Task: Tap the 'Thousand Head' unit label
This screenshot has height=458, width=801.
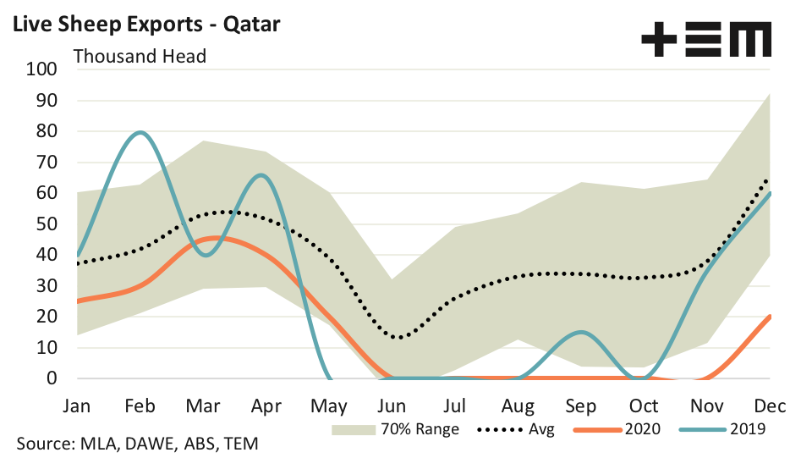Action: coord(140,57)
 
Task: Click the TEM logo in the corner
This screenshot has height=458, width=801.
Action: coord(706,40)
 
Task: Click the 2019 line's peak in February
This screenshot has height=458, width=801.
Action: coord(140,132)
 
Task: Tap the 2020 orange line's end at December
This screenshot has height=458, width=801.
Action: coord(770,317)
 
